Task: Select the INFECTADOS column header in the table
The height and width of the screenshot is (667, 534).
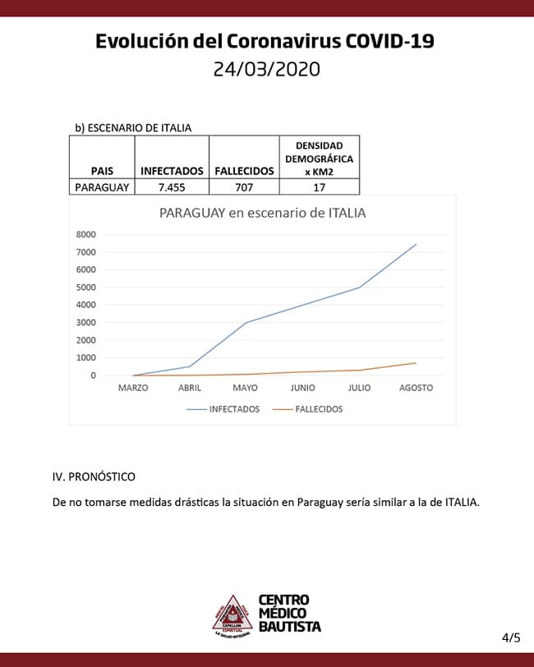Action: click(x=172, y=171)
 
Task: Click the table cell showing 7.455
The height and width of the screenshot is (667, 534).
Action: click(x=172, y=187)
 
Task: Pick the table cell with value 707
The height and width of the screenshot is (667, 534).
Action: click(x=244, y=187)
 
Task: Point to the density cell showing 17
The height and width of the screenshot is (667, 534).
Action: click(x=319, y=187)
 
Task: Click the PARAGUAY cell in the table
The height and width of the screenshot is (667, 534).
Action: click(x=102, y=187)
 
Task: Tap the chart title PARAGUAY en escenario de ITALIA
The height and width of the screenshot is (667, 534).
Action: click(x=262, y=213)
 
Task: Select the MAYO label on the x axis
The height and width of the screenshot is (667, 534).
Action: click(x=246, y=388)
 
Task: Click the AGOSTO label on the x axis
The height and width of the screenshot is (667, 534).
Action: click(x=416, y=388)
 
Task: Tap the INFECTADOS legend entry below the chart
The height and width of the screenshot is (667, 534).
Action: click(x=234, y=409)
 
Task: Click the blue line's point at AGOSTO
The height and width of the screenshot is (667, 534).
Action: click(x=416, y=244)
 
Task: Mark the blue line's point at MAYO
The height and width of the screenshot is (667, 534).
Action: click(x=246, y=322)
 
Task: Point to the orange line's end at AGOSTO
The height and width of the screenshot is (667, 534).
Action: click(x=416, y=363)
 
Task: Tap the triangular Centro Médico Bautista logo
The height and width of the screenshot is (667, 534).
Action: click(x=232, y=614)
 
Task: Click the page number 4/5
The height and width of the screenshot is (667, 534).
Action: click(x=510, y=637)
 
